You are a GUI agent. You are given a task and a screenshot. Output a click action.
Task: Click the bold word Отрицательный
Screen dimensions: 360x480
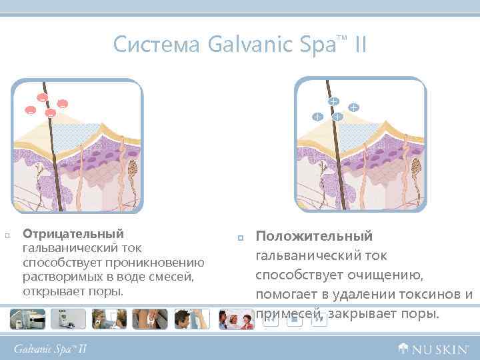click(73, 234)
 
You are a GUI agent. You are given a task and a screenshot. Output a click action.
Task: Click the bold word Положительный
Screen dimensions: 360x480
click(315, 237)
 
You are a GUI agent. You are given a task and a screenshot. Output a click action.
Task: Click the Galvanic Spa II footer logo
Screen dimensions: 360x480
click(51, 348)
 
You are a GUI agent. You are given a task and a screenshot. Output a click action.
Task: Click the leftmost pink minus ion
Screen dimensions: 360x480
click(30, 110)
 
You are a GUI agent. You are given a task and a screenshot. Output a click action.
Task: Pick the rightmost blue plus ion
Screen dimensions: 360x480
click(353, 107)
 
